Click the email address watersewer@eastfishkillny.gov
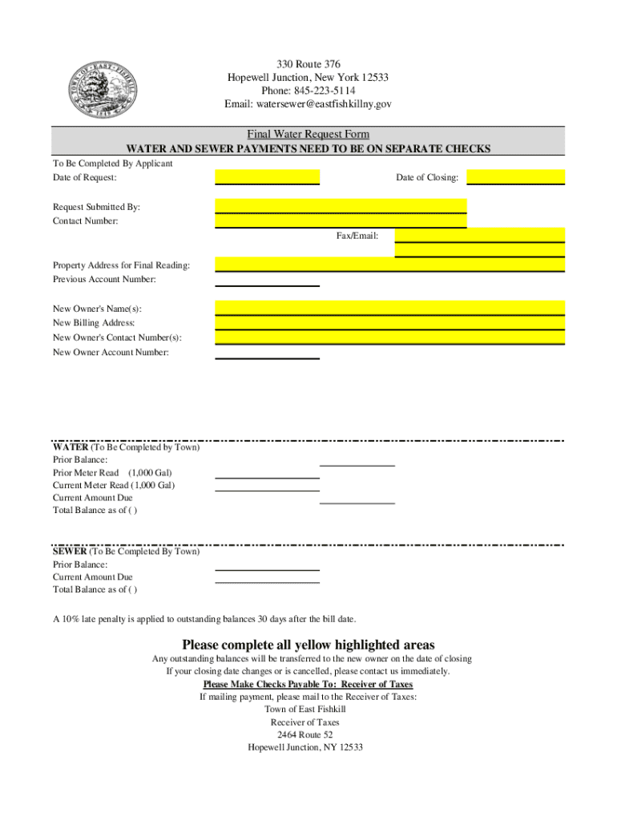[x=308, y=104]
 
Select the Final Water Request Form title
[x=308, y=134]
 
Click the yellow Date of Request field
[x=268, y=176]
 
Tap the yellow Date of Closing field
[x=515, y=176]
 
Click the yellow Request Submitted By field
[x=341, y=205]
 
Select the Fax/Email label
[x=357, y=236]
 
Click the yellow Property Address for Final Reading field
[x=389, y=264]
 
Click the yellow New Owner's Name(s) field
[x=389, y=308]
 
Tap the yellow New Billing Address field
[x=389, y=322]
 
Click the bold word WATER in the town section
[x=71, y=447]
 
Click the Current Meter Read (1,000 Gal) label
[x=114, y=485]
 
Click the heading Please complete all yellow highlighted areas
[x=308, y=645]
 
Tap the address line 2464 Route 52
[x=304, y=734]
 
